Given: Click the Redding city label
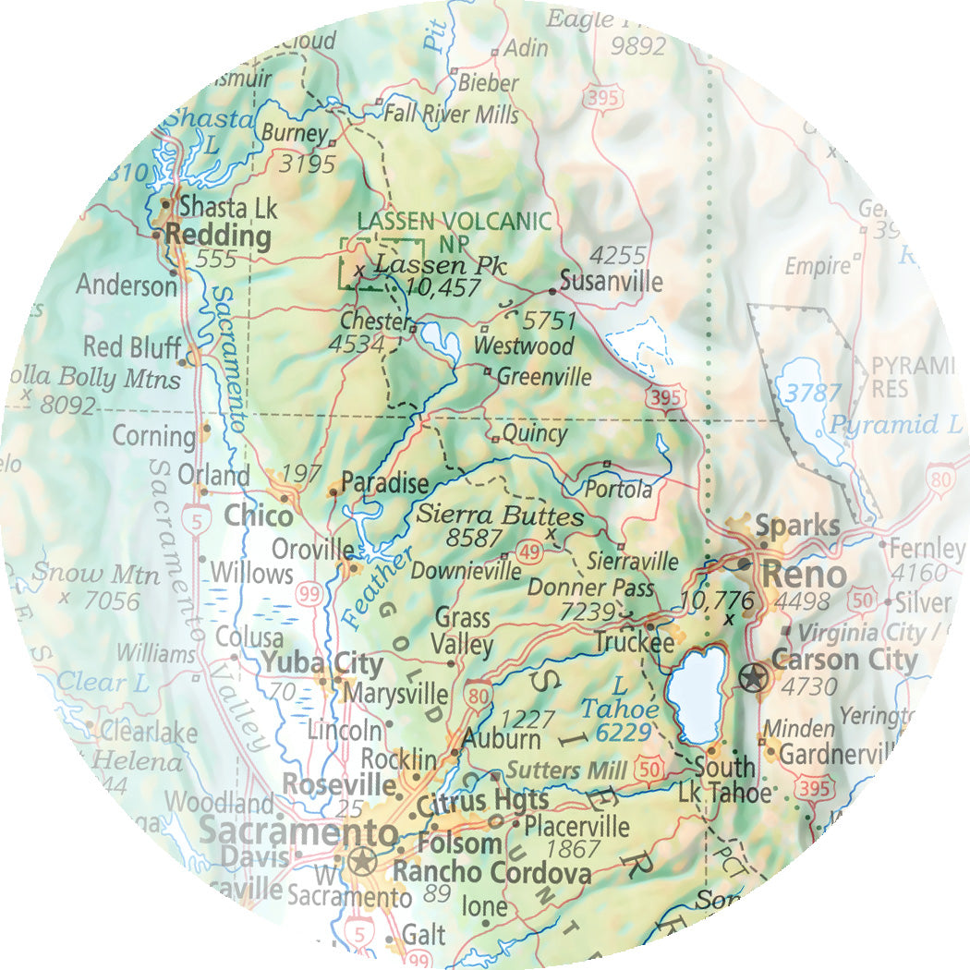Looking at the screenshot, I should click(217, 236).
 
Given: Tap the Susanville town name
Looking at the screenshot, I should click(611, 282).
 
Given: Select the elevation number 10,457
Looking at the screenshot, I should click(443, 288).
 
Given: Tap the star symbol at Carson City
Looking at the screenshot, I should click(754, 679).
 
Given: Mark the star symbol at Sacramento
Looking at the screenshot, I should click(361, 863).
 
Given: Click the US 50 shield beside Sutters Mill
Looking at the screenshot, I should click(648, 766).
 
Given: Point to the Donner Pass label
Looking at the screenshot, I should click(590, 588).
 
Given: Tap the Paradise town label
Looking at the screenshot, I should click(384, 482).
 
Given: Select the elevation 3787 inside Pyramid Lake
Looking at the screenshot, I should click(813, 393).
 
